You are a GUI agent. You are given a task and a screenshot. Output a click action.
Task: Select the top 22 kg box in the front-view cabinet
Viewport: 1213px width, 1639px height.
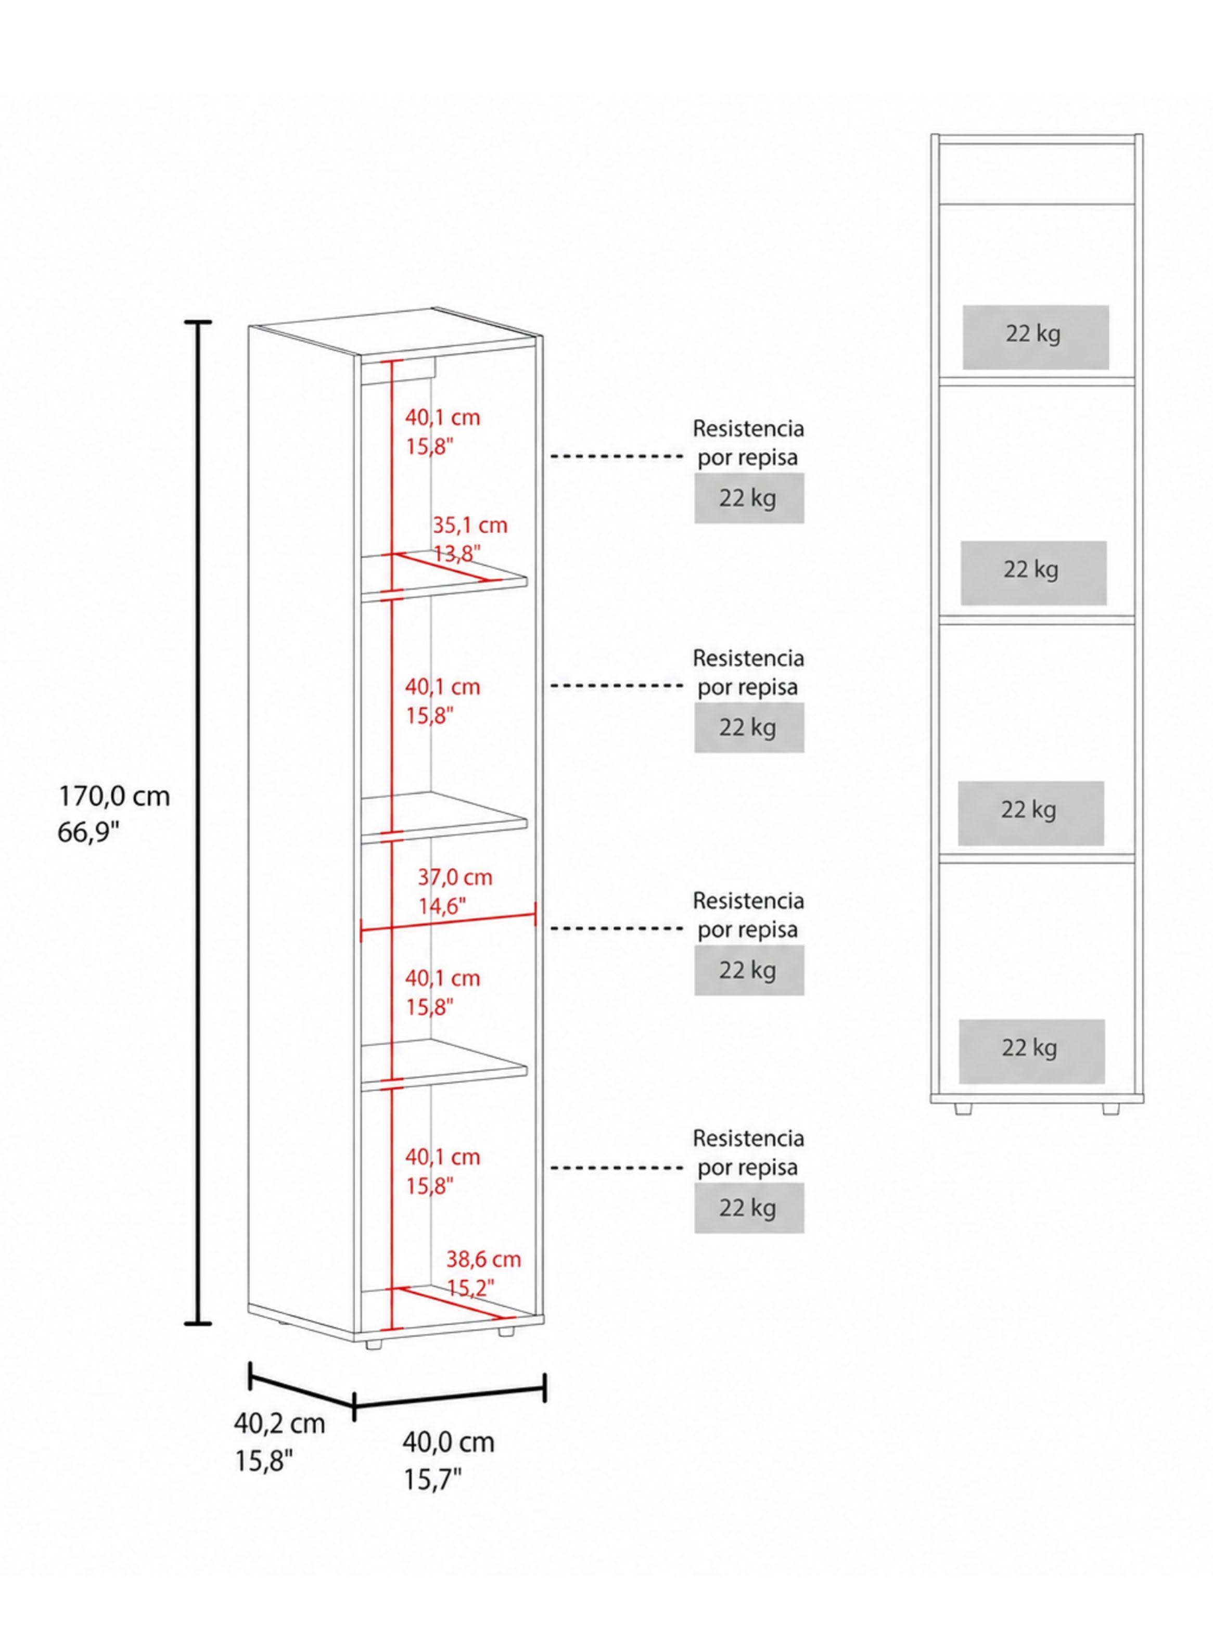click(1036, 337)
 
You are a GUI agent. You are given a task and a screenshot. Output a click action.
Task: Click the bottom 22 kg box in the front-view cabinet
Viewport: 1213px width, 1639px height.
click(1031, 1051)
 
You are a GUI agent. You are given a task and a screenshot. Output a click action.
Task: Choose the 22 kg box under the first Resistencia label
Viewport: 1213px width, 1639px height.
click(749, 497)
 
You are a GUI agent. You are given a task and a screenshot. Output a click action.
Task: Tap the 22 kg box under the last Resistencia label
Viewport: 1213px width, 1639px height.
click(749, 1208)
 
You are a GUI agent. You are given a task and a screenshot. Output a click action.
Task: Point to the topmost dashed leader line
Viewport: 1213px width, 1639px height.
click(617, 456)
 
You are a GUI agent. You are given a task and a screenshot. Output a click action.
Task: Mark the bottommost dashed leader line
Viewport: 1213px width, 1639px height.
click(617, 1167)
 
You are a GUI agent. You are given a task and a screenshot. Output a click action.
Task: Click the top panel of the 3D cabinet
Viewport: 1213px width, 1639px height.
click(395, 331)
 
